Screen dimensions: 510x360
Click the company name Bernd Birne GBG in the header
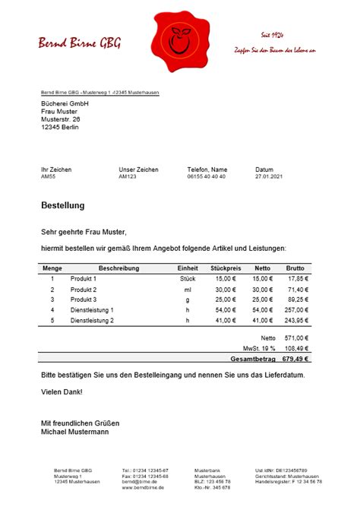pyautogui.click(x=80, y=43)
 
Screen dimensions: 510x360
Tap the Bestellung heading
pyautogui.click(x=62, y=206)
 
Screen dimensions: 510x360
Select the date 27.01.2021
pyautogui.click(x=269, y=176)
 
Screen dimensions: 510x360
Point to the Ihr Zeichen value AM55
pyautogui.click(x=49, y=176)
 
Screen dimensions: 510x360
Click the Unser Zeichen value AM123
pyautogui.click(x=128, y=176)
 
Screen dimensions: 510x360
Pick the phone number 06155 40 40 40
pyautogui.click(x=206, y=176)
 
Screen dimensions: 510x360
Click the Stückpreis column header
pyautogui.click(x=226, y=268)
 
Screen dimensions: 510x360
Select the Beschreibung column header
pyautogui.click(x=118, y=268)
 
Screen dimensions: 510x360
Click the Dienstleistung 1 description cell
pyautogui.click(x=92, y=310)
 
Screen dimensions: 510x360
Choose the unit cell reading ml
pyautogui.click(x=188, y=290)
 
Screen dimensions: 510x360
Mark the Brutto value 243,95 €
pyautogui.click(x=296, y=321)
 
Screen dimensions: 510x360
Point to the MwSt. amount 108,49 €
pyautogui.click(x=295, y=347)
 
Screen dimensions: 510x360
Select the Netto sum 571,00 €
pyautogui.click(x=295, y=337)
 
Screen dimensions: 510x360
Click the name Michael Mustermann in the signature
pyautogui.click(x=74, y=432)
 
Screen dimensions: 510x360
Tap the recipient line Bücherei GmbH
pyautogui.click(x=65, y=103)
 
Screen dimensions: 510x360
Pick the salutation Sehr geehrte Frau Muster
pyautogui.click(x=84, y=232)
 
